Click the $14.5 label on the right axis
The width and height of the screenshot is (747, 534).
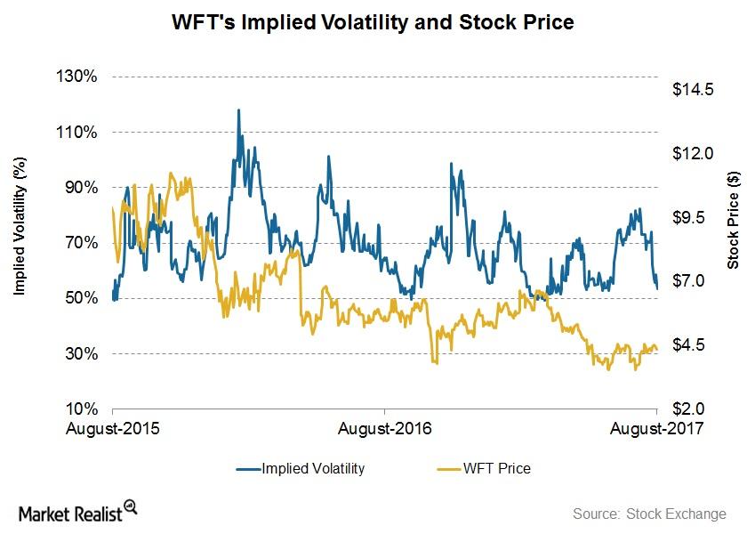(x=693, y=90)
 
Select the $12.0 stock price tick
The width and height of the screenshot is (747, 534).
(x=693, y=153)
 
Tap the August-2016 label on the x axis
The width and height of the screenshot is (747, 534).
(x=385, y=429)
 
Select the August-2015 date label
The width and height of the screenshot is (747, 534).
(x=113, y=429)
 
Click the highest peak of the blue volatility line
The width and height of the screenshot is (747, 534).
(x=238, y=110)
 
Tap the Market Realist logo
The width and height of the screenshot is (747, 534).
(x=77, y=513)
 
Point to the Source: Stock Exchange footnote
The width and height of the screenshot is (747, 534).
(x=649, y=514)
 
